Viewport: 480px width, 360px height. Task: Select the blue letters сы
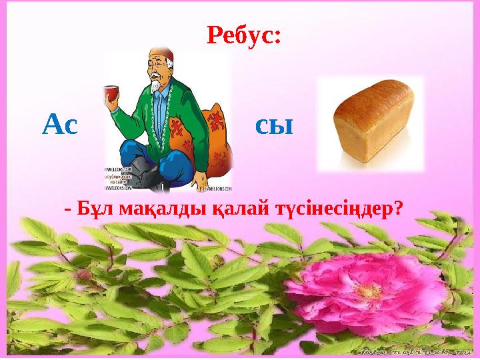click(x=274, y=125)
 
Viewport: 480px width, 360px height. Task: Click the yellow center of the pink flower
click(x=369, y=291)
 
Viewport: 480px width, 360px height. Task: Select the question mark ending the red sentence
click(x=397, y=209)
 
